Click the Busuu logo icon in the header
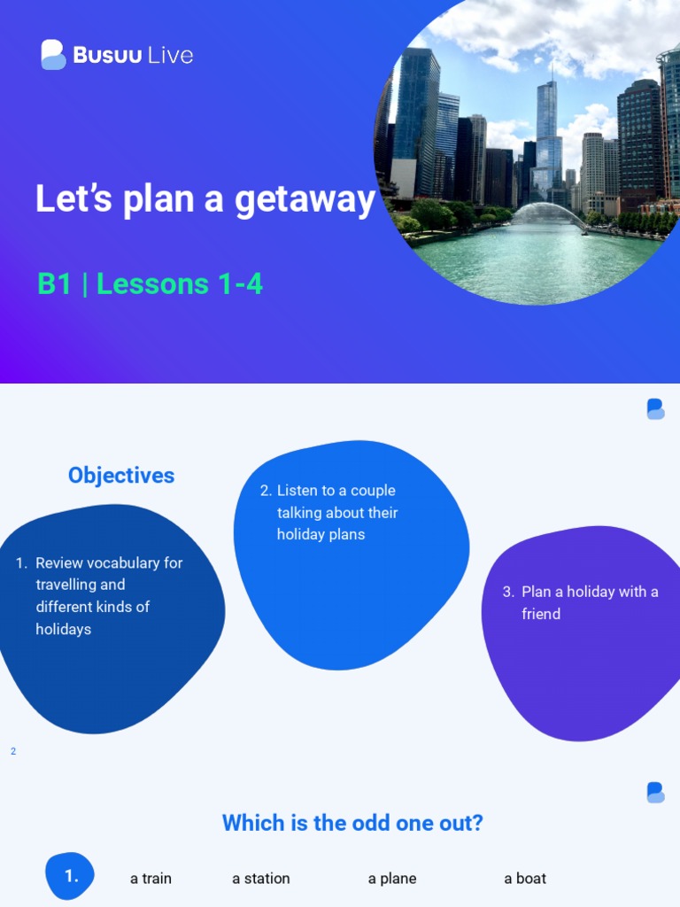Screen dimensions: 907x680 pos(53,55)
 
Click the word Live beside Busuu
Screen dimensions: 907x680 pos(171,55)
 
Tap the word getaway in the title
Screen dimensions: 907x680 pos(305,199)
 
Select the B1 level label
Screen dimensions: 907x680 pos(54,284)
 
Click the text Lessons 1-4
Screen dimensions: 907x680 pos(180,284)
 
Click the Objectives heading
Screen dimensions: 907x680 pos(121,476)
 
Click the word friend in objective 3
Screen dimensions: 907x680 pos(541,614)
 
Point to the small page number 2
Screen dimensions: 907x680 pos(13,751)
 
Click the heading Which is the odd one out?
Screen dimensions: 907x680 pos(352,823)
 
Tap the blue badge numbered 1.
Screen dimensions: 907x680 pos(71,876)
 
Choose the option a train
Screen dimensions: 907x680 pos(151,879)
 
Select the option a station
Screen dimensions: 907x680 pos(261,879)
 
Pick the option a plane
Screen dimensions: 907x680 pos(392,879)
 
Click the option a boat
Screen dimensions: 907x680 pos(525,879)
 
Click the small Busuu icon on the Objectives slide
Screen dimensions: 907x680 pos(655,408)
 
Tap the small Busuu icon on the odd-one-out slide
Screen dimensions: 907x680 pos(655,792)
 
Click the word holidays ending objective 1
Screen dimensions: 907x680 pos(64,629)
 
